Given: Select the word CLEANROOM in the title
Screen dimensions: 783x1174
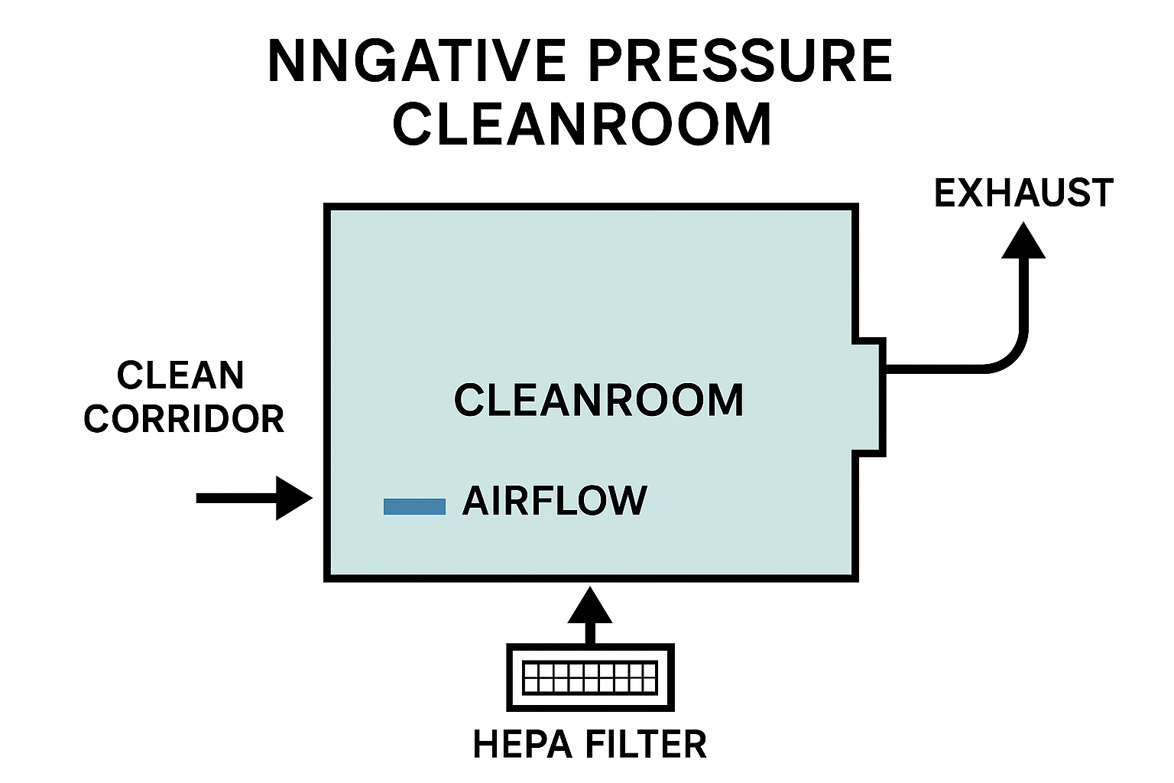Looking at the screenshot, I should click(582, 124).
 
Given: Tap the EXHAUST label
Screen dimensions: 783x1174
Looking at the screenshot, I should click(1023, 193).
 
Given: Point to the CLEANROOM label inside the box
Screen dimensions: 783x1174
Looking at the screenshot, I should click(598, 401).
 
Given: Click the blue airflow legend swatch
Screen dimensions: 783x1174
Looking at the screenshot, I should click(414, 506).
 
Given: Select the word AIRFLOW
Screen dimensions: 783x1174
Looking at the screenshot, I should click(555, 502).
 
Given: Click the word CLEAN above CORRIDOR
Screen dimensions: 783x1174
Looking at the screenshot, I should click(180, 375).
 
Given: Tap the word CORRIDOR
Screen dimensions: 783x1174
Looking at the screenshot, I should click(184, 419).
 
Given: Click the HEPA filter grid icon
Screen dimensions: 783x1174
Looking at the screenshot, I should click(589, 677).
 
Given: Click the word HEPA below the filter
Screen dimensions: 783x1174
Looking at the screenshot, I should click(521, 744).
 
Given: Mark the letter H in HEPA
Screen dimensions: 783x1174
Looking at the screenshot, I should click(486, 744).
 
